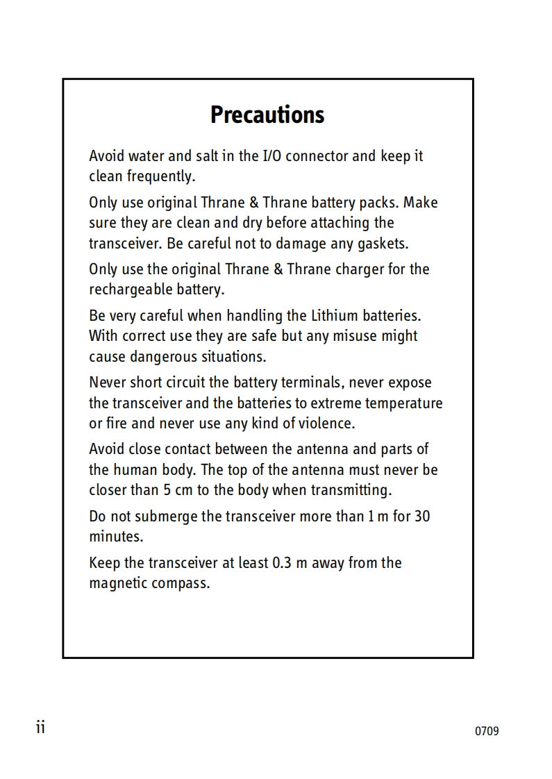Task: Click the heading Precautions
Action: coord(267,115)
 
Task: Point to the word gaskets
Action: coord(382,243)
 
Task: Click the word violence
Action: coord(325,423)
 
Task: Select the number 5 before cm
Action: coord(167,489)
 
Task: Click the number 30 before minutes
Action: coord(422,517)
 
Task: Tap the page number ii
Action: coord(40,727)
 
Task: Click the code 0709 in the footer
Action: coord(487,731)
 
